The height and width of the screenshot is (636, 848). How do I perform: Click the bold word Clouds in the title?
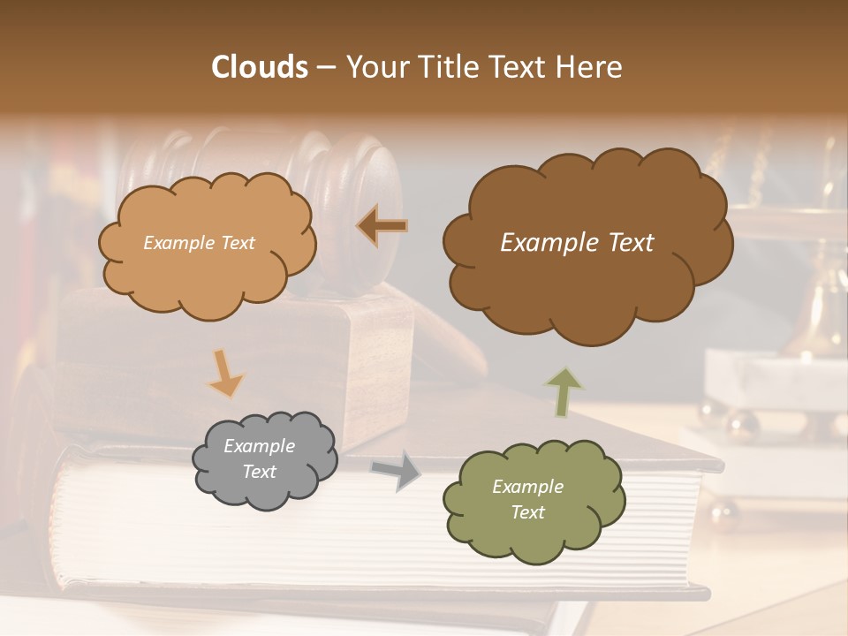click(x=260, y=67)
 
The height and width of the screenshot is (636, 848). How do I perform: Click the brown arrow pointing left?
click(x=382, y=226)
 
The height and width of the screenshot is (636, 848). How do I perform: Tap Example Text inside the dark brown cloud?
click(x=577, y=243)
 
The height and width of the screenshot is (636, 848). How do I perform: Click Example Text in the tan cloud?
click(x=199, y=243)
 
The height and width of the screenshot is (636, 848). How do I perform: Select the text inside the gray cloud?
click(x=260, y=459)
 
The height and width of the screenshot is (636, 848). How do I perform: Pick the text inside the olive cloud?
click(x=527, y=500)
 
